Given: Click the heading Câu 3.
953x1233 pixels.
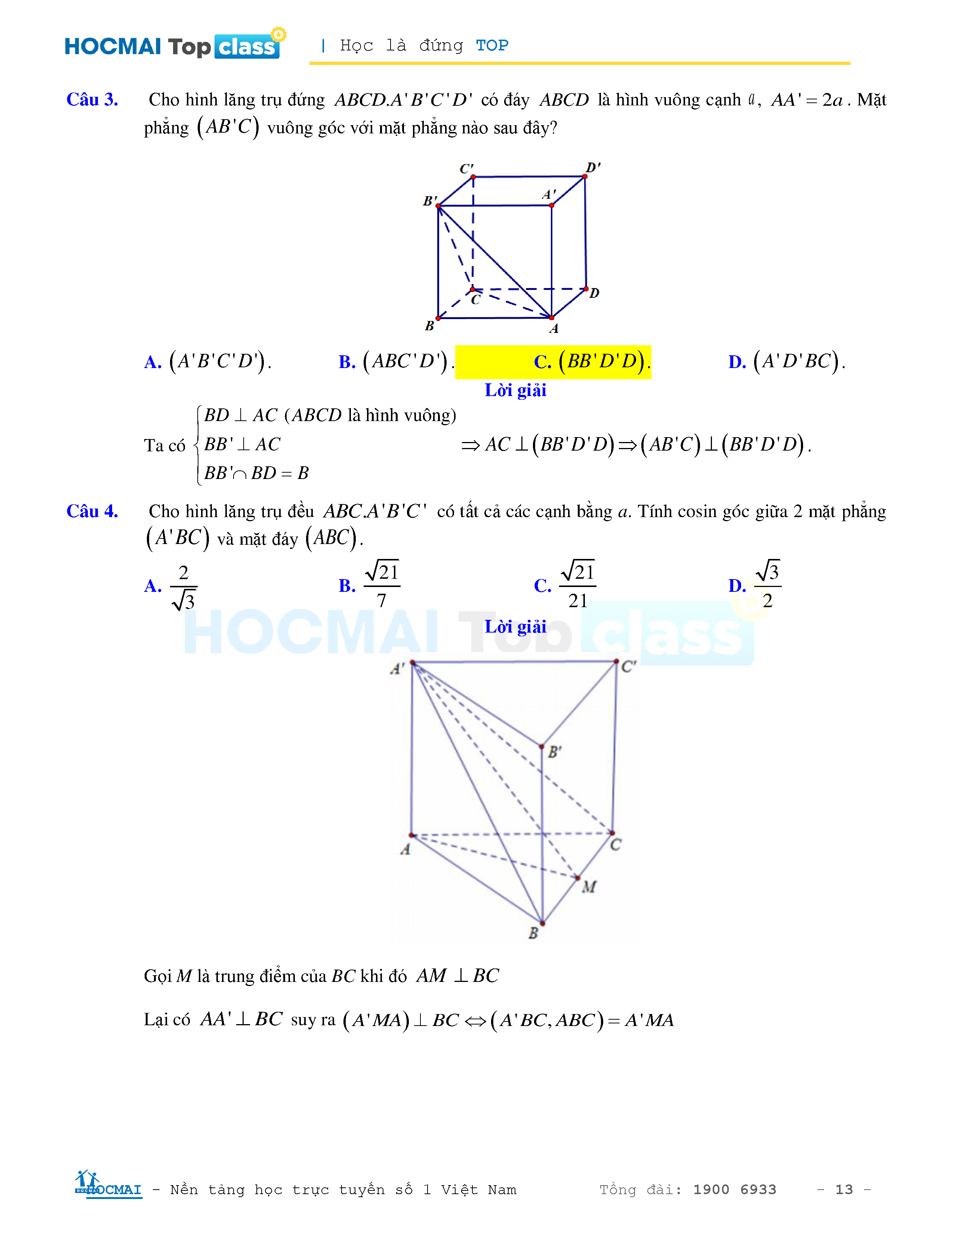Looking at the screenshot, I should [x=92, y=99].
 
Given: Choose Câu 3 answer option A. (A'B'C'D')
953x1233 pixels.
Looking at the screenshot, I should [x=208, y=361].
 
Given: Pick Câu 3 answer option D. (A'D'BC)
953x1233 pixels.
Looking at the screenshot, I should [x=786, y=361].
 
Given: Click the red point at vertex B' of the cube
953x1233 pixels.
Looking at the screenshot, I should [x=438, y=206].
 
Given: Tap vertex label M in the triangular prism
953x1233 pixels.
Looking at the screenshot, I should [x=589, y=887].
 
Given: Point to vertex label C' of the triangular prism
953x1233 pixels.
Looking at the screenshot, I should [x=628, y=667].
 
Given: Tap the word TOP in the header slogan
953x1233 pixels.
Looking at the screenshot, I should [x=492, y=45].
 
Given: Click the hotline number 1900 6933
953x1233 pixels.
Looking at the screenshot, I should [x=734, y=1190].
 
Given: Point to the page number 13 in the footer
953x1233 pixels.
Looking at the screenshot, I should [x=843, y=1190].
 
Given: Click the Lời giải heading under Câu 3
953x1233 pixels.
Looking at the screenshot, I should [x=515, y=390].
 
